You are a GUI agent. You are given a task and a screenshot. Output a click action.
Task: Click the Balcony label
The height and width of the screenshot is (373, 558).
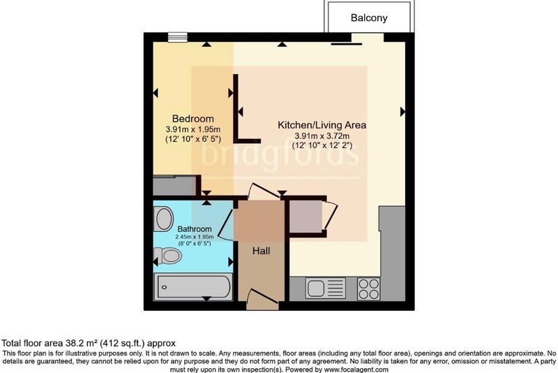[369, 18]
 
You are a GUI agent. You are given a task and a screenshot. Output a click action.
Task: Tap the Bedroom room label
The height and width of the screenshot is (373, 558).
[193, 119]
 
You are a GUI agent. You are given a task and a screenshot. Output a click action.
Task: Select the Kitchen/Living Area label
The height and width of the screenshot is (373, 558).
[322, 125]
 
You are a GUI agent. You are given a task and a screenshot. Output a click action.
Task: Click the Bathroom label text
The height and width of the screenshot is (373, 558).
[195, 228]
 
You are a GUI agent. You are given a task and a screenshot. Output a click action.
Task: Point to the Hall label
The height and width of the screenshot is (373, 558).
[261, 251]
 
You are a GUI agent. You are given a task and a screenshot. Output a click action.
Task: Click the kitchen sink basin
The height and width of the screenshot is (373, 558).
[316, 288]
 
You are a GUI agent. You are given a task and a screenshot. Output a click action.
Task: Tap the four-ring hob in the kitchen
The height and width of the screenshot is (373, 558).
[368, 289]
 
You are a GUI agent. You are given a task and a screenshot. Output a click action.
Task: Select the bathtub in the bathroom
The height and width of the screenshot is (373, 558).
[193, 287]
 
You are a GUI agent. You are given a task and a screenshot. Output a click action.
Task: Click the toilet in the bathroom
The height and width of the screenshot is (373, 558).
[167, 256]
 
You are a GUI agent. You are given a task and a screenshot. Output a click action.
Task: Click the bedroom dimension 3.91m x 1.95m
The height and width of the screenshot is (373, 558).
[193, 129]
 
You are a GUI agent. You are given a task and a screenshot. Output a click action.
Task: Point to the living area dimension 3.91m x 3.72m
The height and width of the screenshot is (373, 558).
[322, 136]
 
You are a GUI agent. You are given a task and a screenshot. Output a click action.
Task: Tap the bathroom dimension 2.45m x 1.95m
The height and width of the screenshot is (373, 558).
[195, 237]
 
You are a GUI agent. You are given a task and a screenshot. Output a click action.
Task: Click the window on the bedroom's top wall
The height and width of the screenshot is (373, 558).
[177, 37]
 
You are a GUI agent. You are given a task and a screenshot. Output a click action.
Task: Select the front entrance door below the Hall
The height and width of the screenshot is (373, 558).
[263, 300]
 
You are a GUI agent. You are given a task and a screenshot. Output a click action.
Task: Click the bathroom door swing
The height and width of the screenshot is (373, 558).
[225, 225]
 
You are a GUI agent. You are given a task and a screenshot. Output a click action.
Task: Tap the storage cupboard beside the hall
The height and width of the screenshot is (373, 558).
[306, 217]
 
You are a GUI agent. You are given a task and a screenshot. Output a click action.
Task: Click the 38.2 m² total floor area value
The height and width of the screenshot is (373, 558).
[82, 344]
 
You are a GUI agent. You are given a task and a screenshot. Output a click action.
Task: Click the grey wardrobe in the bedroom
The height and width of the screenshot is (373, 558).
[174, 186]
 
